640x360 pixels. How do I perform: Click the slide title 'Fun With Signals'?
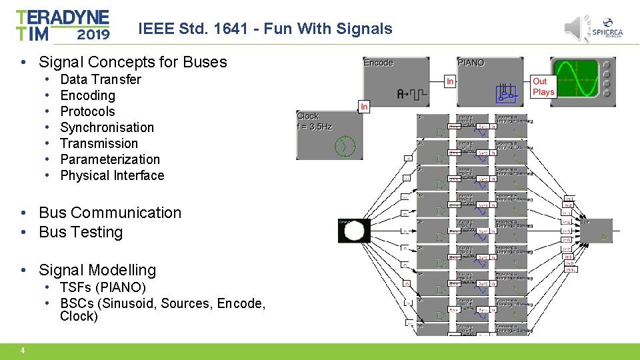click(x=265, y=29)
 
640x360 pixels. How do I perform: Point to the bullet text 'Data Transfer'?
click(x=101, y=79)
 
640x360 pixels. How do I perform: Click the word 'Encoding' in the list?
click(x=87, y=95)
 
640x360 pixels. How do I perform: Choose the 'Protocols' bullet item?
click(x=87, y=111)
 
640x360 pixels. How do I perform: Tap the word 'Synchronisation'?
click(x=107, y=127)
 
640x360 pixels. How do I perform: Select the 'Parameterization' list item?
click(x=110, y=159)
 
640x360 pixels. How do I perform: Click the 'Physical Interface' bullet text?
click(x=112, y=175)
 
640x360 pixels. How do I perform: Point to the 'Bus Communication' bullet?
click(x=110, y=213)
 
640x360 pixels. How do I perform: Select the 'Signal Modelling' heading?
click(x=97, y=270)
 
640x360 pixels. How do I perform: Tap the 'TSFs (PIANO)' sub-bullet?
click(x=103, y=287)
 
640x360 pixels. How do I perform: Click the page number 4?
click(x=23, y=351)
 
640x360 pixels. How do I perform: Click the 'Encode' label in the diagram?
click(x=378, y=63)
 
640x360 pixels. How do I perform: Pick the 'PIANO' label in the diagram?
click(x=471, y=63)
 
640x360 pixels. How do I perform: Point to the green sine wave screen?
click(x=577, y=78)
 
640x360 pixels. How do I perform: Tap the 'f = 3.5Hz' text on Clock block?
click(x=315, y=125)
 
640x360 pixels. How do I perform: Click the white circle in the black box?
click(x=355, y=231)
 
